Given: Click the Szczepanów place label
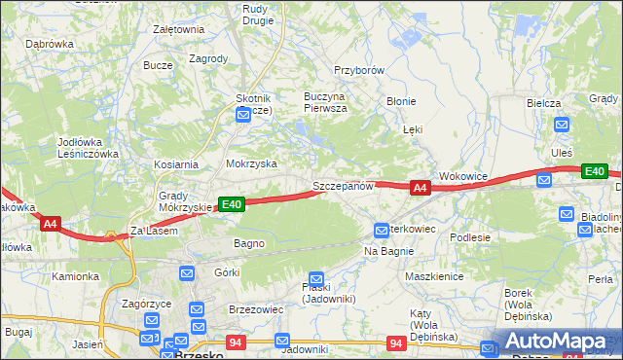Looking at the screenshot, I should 343,185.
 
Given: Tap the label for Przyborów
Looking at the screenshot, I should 360,70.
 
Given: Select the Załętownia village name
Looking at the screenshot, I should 178,29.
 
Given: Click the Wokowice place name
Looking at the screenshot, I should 462,176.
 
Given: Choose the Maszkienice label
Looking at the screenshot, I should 433,275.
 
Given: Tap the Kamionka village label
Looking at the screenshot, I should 76,276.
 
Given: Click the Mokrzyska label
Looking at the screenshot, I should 251,164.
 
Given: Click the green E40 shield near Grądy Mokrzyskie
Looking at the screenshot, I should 231,203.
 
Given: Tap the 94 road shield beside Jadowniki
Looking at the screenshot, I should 236,342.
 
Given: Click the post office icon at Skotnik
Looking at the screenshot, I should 243,115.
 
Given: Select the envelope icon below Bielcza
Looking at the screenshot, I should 562,124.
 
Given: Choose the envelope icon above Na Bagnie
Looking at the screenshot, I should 382,231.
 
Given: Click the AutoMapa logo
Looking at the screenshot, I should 551,341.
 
